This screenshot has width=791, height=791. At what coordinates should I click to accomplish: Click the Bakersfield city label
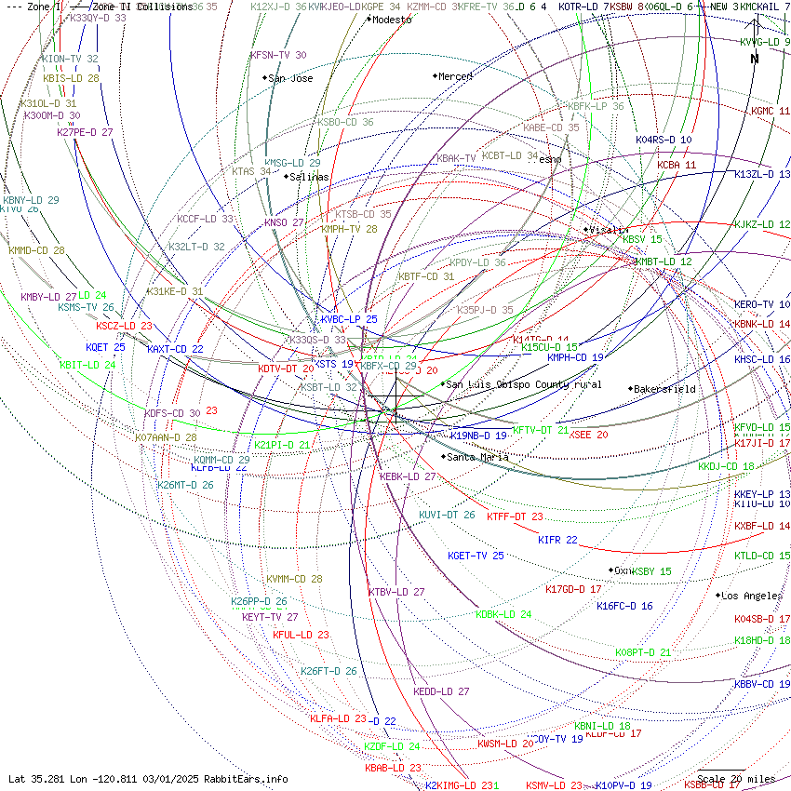pyautogui.click(x=666, y=389)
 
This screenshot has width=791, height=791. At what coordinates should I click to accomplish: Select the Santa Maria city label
pyautogui.click(x=477, y=457)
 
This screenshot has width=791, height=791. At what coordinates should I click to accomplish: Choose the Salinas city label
pyautogui.click(x=309, y=177)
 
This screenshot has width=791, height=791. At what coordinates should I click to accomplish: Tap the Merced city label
pyautogui.click(x=455, y=76)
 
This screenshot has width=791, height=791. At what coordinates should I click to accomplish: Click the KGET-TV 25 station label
pyautogui.click(x=476, y=556)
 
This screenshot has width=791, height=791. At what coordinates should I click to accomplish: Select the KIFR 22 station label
pyautogui.click(x=557, y=540)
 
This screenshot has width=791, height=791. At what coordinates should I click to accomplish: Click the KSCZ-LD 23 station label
pyautogui.click(x=124, y=326)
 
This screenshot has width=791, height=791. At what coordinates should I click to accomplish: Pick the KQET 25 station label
pyautogui.click(x=105, y=347)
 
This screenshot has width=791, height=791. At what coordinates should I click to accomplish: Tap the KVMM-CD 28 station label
pyautogui.click(x=294, y=579)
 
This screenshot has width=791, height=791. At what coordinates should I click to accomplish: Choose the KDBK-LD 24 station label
pyautogui.click(x=503, y=614)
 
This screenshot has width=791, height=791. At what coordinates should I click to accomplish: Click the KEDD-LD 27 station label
pyautogui.click(x=441, y=691)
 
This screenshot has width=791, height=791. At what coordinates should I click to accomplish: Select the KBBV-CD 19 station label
pyautogui.click(x=761, y=684)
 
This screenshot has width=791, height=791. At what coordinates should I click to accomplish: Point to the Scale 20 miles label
pyautogui.click(x=735, y=779)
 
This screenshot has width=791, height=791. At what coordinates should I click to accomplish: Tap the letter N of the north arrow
pyautogui.click(x=755, y=59)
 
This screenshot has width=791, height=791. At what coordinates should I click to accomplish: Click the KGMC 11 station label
pyautogui.click(x=771, y=111)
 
